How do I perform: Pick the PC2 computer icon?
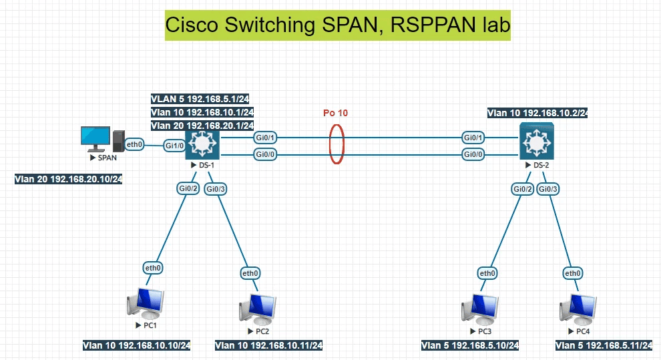click(257, 309)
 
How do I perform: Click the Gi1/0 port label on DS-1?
click(174, 145)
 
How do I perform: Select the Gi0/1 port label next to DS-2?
click(473, 138)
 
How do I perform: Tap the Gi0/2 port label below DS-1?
click(188, 189)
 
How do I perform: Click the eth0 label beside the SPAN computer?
click(135, 144)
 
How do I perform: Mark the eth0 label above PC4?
click(573, 273)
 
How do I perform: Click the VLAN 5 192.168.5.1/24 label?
click(200, 99)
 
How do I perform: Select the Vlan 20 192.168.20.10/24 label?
click(68, 180)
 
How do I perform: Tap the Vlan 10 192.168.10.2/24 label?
click(537, 113)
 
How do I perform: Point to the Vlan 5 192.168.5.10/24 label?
click(470, 345)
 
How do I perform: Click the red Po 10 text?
click(335, 113)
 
